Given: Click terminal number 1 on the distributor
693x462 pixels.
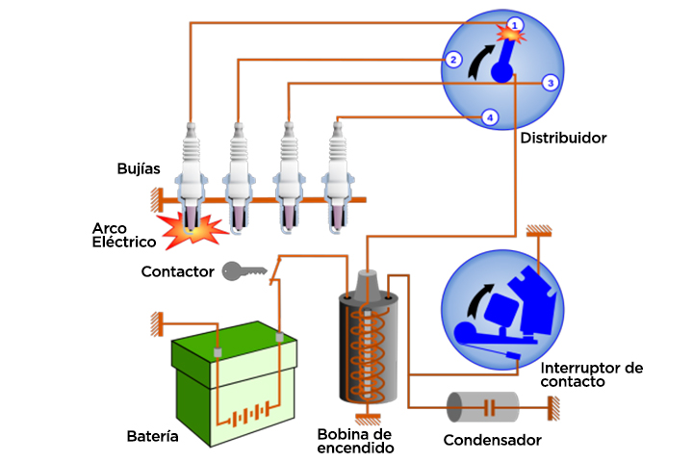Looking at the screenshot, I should coord(515,23).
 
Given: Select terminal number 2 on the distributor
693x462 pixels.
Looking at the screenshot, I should coord(451,60).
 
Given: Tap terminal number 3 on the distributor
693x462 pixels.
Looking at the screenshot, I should coord(549,83).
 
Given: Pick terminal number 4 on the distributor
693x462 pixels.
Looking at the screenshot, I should coord(490,117).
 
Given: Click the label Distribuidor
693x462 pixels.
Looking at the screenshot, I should coord(563,139).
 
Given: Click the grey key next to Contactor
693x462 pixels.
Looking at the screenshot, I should coord(243,271).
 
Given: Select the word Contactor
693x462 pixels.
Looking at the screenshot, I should coord(177,272).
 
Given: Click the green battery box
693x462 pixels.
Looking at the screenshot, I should coord(231,385).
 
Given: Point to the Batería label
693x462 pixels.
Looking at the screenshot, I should coord(153,437).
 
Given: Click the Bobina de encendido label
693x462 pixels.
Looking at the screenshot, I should coord(356,441).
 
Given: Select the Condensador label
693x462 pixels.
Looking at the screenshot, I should coord(492,441).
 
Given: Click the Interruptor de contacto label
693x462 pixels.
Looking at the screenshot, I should coord(591,374).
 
